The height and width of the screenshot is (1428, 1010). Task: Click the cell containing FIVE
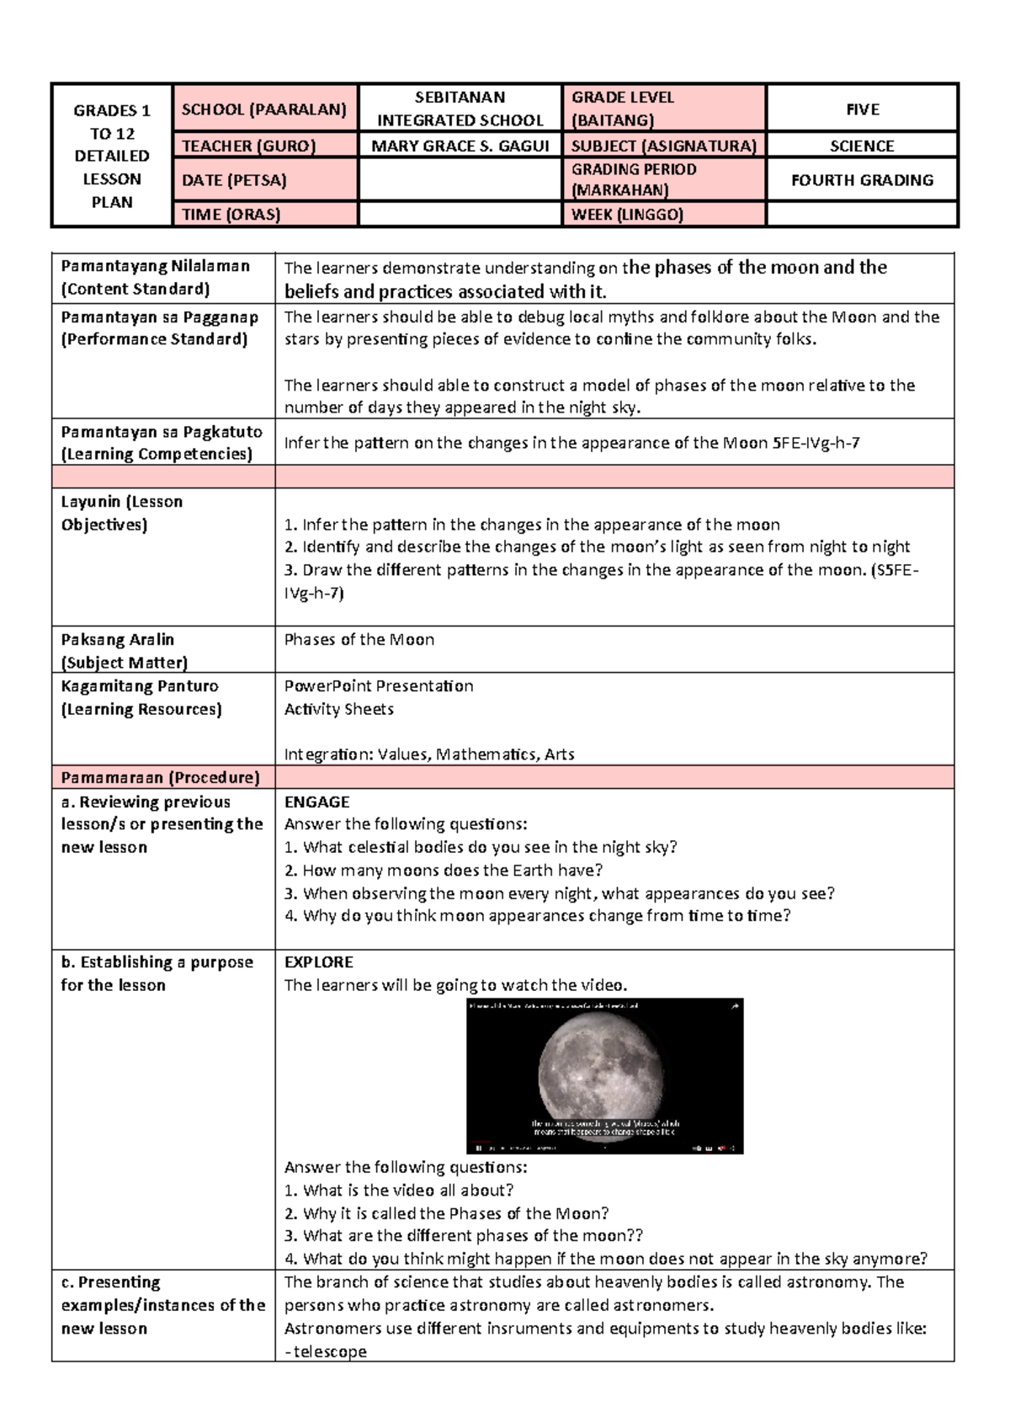(x=862, y=109)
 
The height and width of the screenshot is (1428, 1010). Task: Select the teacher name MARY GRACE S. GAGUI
(x=460, y=146)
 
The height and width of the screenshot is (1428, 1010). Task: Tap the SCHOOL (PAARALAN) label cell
(x=264, y=109)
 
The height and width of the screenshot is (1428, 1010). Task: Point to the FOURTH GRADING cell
(x=862, y=179)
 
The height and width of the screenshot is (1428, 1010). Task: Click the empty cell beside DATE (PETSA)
(x=460, y=179)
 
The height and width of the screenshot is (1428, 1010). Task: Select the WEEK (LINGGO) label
(x=627, y=214)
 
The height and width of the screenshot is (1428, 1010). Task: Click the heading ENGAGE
(x=316, y=802)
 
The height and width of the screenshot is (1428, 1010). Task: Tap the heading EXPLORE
(x=318, y=962)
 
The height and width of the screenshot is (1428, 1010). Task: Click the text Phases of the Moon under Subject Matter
(x=359, y=639)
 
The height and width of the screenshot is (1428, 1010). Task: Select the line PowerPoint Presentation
(x=379, y=685)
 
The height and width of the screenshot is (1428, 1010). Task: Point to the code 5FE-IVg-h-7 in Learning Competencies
(x=816, y=443)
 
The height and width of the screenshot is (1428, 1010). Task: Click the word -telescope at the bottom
(x=326, y=1351)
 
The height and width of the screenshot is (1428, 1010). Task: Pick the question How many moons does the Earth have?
(x=444, y=871)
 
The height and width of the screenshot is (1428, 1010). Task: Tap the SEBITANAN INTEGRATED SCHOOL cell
(x=460, y=109)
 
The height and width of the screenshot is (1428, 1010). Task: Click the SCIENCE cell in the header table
(x=862, y=146)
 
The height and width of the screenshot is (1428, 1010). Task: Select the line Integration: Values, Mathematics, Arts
(x=429, y=754)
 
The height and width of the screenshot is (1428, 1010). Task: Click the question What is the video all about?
(x=399, y=1190)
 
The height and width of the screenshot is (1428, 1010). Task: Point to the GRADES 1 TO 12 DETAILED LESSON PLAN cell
(x=111, y=156)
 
